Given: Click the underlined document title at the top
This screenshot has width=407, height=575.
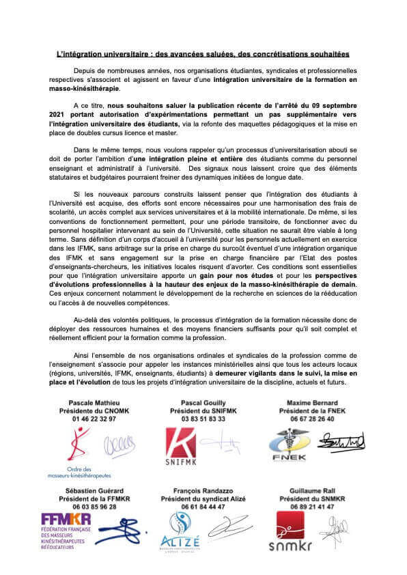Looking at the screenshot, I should tap(203, 53).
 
